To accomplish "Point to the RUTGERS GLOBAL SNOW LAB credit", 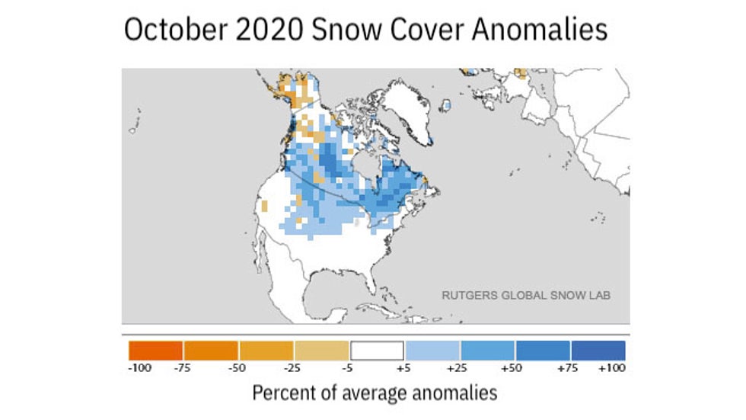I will (x=527, y=294).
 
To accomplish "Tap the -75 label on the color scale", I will (x=183, y=368).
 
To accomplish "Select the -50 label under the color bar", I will (x=238, y=368).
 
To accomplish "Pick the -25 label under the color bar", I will (x=293, y=368).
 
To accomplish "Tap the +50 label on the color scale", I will (x=515, y=368).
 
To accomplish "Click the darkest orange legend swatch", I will (x=156, y=350).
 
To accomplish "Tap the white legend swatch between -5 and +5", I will (x=376, y=350).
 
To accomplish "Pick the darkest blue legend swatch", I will (x=598, y=350).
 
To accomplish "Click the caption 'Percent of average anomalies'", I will (x=374, y=393).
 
